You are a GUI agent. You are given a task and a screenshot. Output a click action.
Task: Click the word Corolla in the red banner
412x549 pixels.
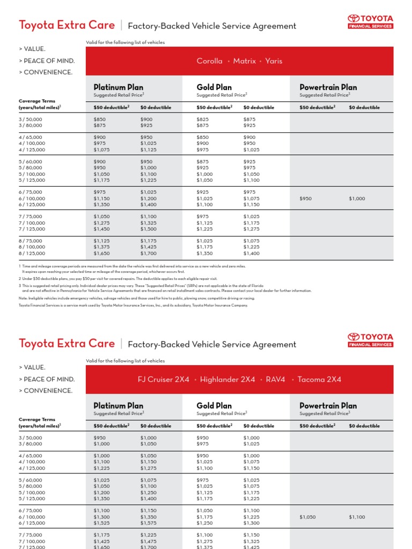(x=209, y=61)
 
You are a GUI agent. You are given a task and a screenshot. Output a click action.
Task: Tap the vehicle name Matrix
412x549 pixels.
(x=245, y=61)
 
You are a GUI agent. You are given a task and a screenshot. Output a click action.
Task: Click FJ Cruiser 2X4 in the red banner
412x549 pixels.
(x=164, y=380)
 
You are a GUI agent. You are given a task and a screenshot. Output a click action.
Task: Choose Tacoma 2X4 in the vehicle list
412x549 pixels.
(x=320, y=380)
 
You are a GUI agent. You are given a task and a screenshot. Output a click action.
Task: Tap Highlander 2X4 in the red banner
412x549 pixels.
(x=227, y=380)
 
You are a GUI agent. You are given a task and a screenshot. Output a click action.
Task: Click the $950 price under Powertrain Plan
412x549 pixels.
(x=306, y=198)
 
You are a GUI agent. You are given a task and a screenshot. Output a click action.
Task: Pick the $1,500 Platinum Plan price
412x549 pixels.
(x=149, y=229)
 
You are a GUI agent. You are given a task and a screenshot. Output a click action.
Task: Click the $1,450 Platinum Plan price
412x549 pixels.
(x=101, y=229)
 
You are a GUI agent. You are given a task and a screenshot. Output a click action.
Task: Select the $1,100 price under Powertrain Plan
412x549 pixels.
(x=357, y=517)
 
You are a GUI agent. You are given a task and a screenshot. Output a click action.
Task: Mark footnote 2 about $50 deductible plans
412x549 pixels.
(x=118, y=279)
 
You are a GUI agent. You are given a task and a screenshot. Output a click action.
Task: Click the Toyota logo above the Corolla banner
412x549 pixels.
(x=370, y=21)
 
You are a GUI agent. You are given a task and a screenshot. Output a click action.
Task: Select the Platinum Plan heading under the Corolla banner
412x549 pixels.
(x=119, y=87)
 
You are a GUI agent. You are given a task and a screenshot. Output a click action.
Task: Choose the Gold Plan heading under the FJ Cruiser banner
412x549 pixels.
(x=214, y=406)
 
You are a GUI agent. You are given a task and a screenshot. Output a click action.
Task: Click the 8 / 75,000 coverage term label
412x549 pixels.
(x=31, y=241)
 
